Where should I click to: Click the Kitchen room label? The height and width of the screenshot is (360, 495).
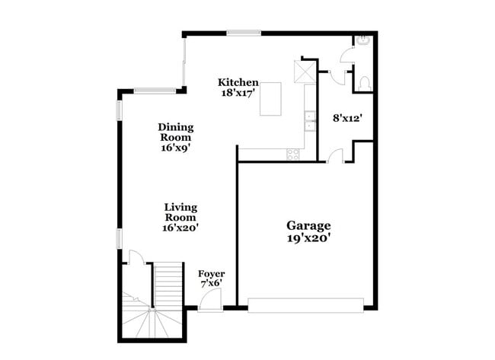pyautogui.click(x=238, y=82)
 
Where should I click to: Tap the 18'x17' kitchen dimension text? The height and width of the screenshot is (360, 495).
pyautogui.click(x=238, y=94)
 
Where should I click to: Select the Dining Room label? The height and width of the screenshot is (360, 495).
pyautogui.click(x=176, y=132)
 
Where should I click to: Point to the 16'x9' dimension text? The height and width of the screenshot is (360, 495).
pyautogui.click(x=175, y=148)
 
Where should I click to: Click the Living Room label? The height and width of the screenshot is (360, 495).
pyautogui.click(x=181, y=212)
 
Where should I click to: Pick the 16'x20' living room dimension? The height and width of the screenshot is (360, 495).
pyautogui.click(x=181, y=227)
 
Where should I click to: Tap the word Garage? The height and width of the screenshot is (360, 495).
pyautogui.click(x=308, y=225)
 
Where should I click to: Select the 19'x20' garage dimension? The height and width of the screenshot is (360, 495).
pyautogui.click(x=308, y=237)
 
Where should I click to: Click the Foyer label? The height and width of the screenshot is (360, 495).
pyautogui.click(x=211, y=273)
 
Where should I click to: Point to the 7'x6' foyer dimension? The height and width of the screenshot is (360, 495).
pyautogui.click(x=211, y=284)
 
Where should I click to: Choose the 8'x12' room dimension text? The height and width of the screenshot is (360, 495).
pyautogui.click(x=346, y=118)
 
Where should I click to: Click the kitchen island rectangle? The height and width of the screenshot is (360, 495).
pyautogui.click(x=275, y=100)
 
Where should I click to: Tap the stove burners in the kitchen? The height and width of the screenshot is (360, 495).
pyautogui.click(x=293, y=154)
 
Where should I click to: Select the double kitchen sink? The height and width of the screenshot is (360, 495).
pyautogui.click(x=309, y=117)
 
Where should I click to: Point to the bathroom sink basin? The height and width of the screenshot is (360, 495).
pyautogui.click(x=363, y=41)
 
